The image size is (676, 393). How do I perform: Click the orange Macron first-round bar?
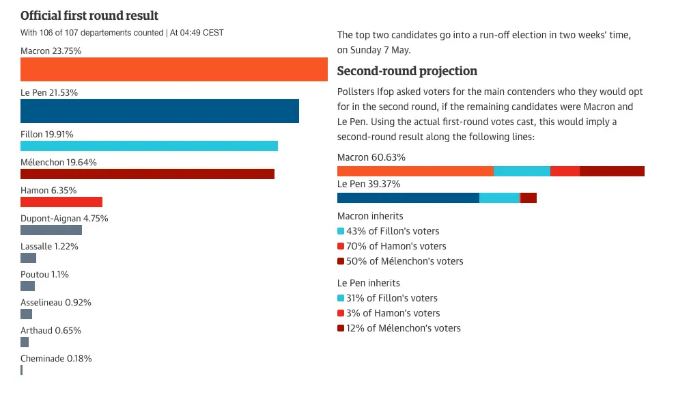174,70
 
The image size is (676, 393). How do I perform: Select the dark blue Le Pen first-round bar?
160,111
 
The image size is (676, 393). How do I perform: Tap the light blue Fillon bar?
149,146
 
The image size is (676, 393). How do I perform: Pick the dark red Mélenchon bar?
147,174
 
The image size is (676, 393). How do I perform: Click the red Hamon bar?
61,202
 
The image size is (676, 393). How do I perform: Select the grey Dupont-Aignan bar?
51,230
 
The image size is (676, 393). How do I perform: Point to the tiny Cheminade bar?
22,370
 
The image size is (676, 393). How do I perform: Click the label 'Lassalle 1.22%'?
49,246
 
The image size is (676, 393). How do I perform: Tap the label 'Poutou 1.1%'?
44,274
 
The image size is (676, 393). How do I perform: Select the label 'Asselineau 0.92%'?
56,302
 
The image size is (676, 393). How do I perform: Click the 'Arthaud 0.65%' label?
51,330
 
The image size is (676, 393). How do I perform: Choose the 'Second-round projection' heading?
407,71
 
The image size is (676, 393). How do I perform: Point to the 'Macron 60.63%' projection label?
371,157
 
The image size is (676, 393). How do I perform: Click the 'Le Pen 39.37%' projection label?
369,184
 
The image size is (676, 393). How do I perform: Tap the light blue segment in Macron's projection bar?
522,171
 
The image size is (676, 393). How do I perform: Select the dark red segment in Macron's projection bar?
612,171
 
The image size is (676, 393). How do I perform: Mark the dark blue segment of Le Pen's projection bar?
408,198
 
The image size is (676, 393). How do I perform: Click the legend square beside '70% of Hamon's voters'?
341,246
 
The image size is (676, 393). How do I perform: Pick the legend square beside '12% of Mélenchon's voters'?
341,329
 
